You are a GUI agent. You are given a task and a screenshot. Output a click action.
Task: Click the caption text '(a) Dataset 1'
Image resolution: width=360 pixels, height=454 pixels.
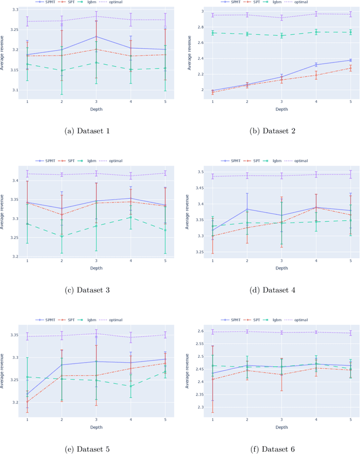point(88,131)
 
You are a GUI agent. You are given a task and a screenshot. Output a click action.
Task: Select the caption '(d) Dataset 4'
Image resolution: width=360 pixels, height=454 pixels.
point(272,290)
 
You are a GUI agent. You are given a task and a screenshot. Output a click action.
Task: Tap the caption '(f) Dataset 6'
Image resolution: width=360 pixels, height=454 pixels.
point(272,448)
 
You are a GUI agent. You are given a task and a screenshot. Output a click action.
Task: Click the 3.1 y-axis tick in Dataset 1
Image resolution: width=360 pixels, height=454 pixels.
point(15,90)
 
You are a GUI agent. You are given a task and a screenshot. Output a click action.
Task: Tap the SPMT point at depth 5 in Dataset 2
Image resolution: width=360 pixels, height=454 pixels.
point(350,60)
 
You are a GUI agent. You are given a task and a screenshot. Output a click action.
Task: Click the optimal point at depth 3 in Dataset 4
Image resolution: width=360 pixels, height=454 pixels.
point(281,176)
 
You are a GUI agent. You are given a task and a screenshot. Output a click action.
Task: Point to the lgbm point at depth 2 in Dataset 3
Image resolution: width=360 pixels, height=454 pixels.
point(62,236)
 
